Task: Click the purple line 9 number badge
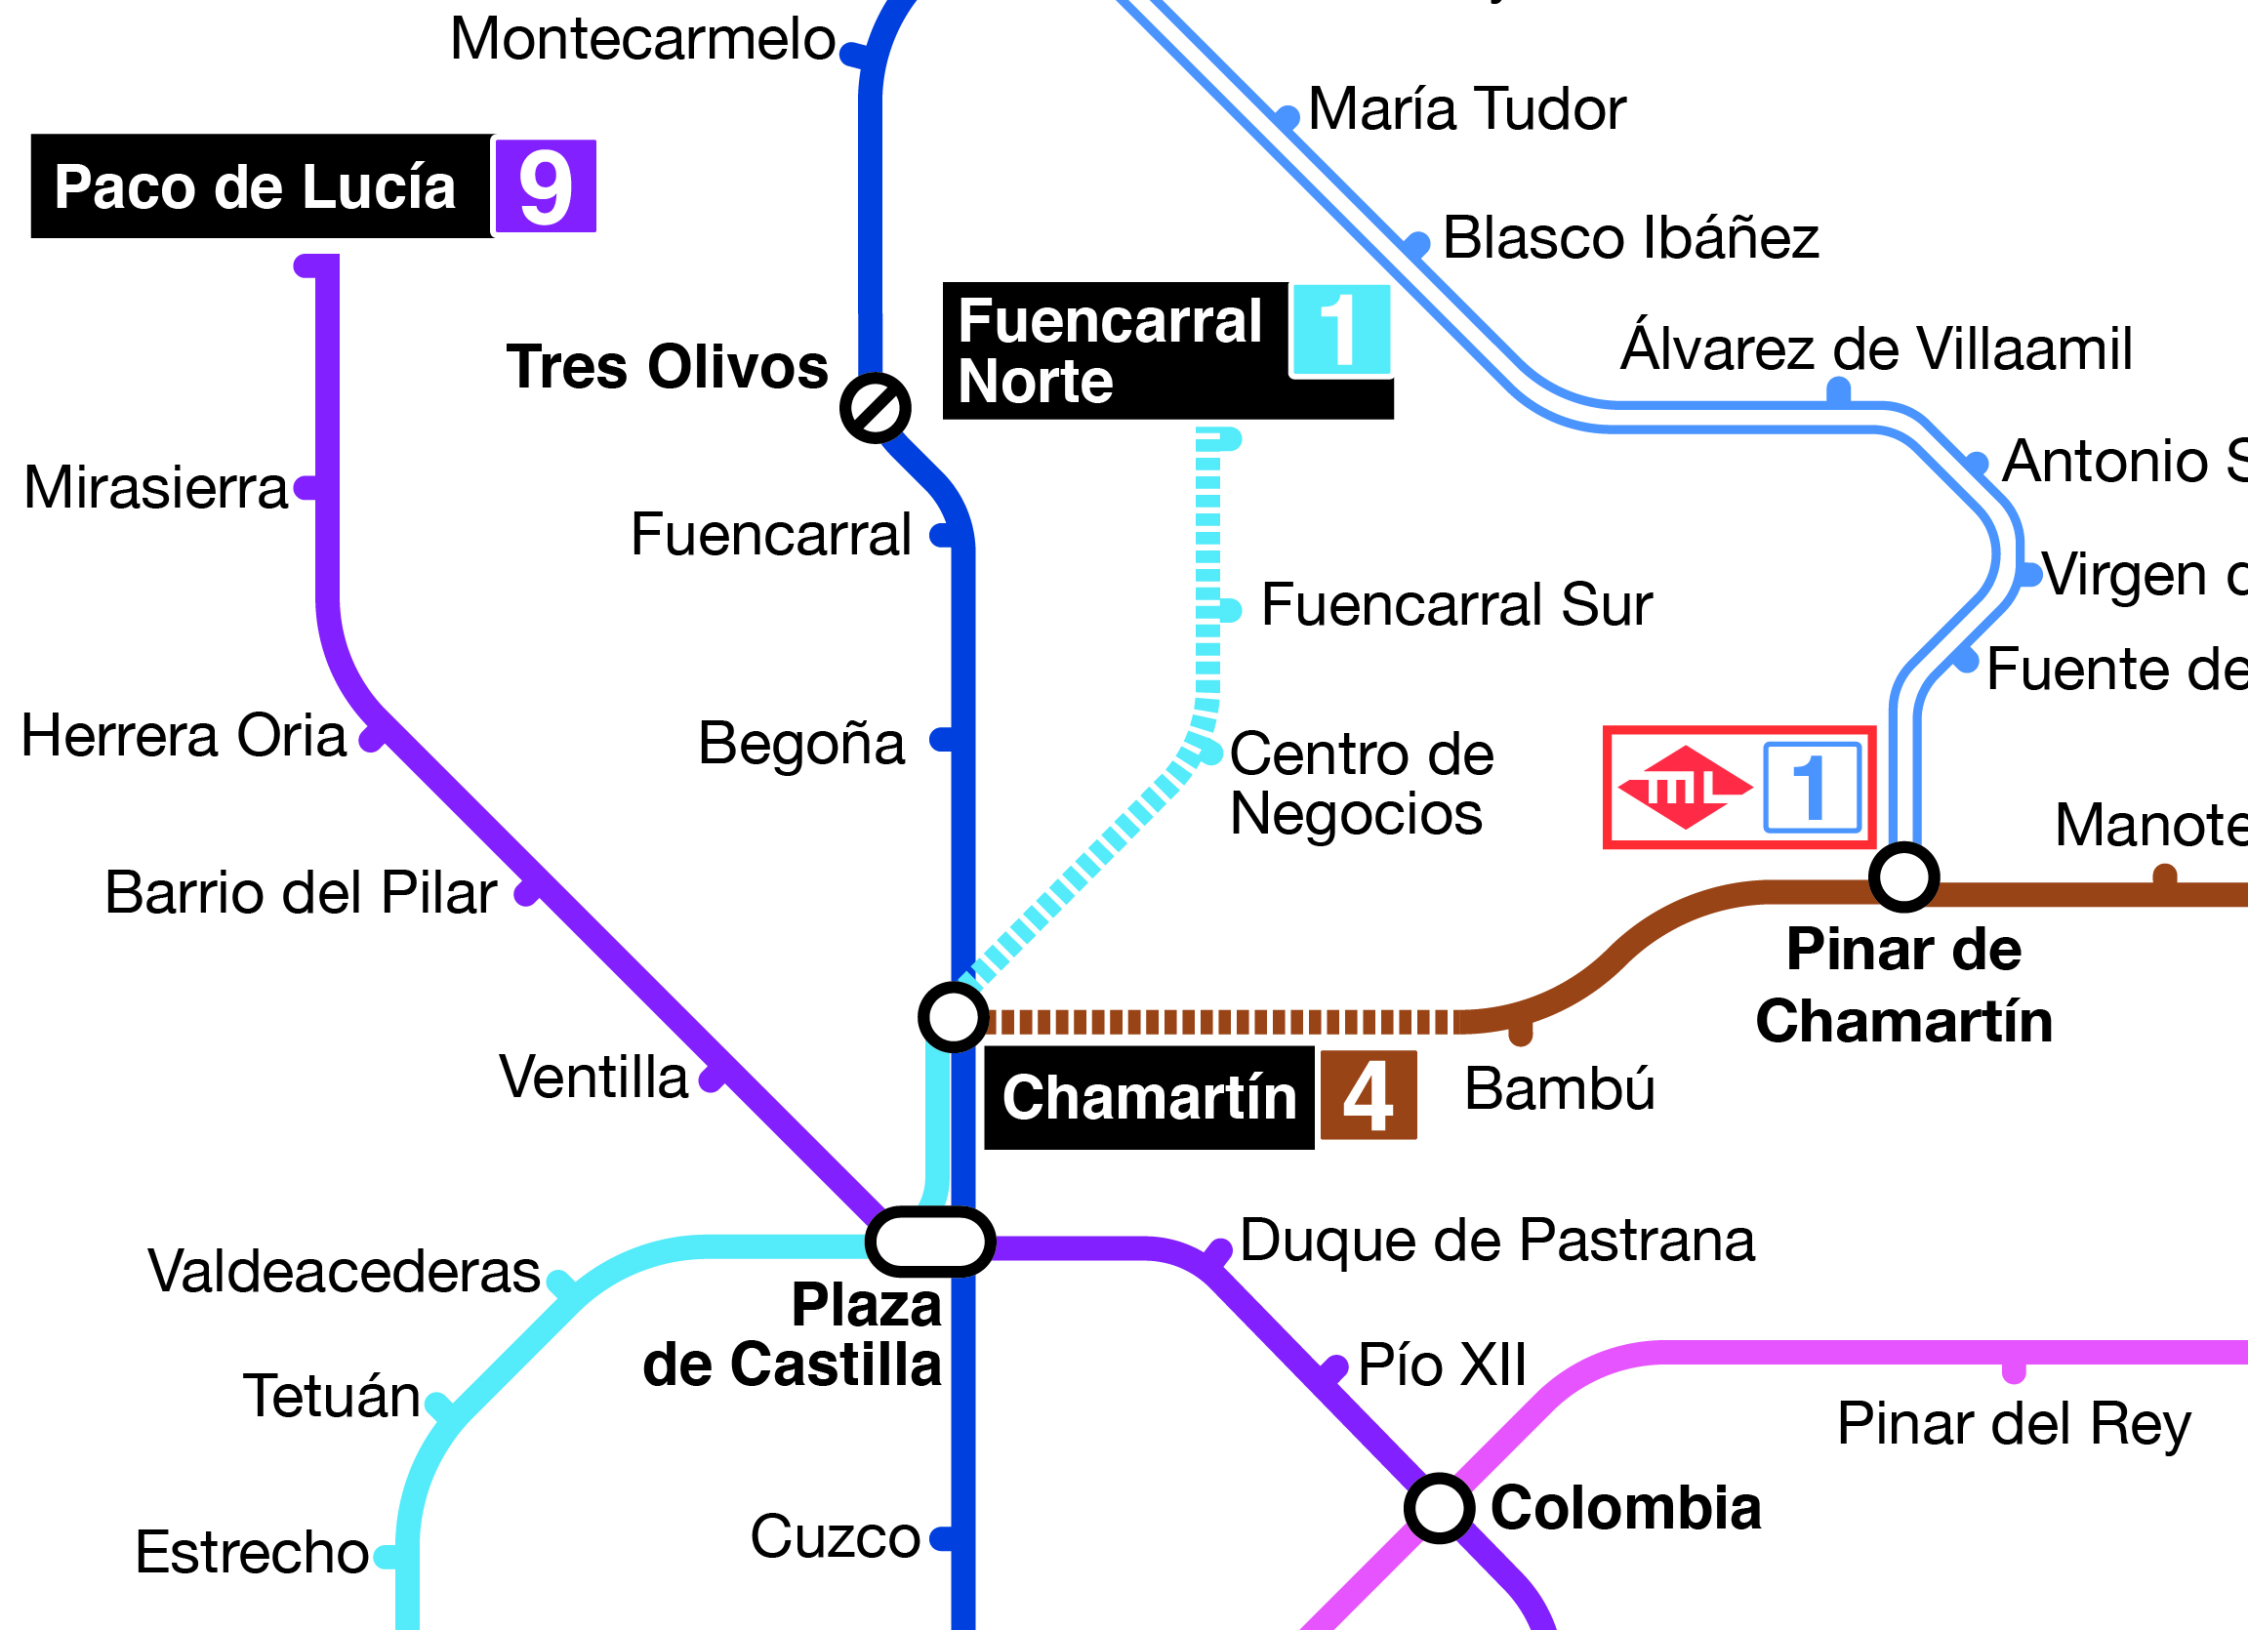point(545,186)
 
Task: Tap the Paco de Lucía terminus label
point(256,186)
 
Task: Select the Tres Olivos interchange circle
point(876,407)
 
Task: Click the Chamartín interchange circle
point(954,1017)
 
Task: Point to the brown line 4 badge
point(1368,1096)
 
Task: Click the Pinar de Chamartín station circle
point(1904,876)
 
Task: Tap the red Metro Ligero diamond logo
point(1685,788)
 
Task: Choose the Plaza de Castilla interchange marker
point(929,1241)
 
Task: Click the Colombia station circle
point(1439,1508)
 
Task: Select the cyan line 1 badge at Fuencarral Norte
point(1340,330)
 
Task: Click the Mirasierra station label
point(155,487)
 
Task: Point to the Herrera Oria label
point(184,735)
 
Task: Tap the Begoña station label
point(800,743)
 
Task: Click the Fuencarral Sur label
point(1456,604)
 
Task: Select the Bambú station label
point(1559,1088)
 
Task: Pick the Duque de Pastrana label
point(1496,1240)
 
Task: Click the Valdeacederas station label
point(344,1270)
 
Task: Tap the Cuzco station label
point(835,1536)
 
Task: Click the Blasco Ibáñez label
point(1630,238)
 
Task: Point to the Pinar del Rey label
point(2013,1424)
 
